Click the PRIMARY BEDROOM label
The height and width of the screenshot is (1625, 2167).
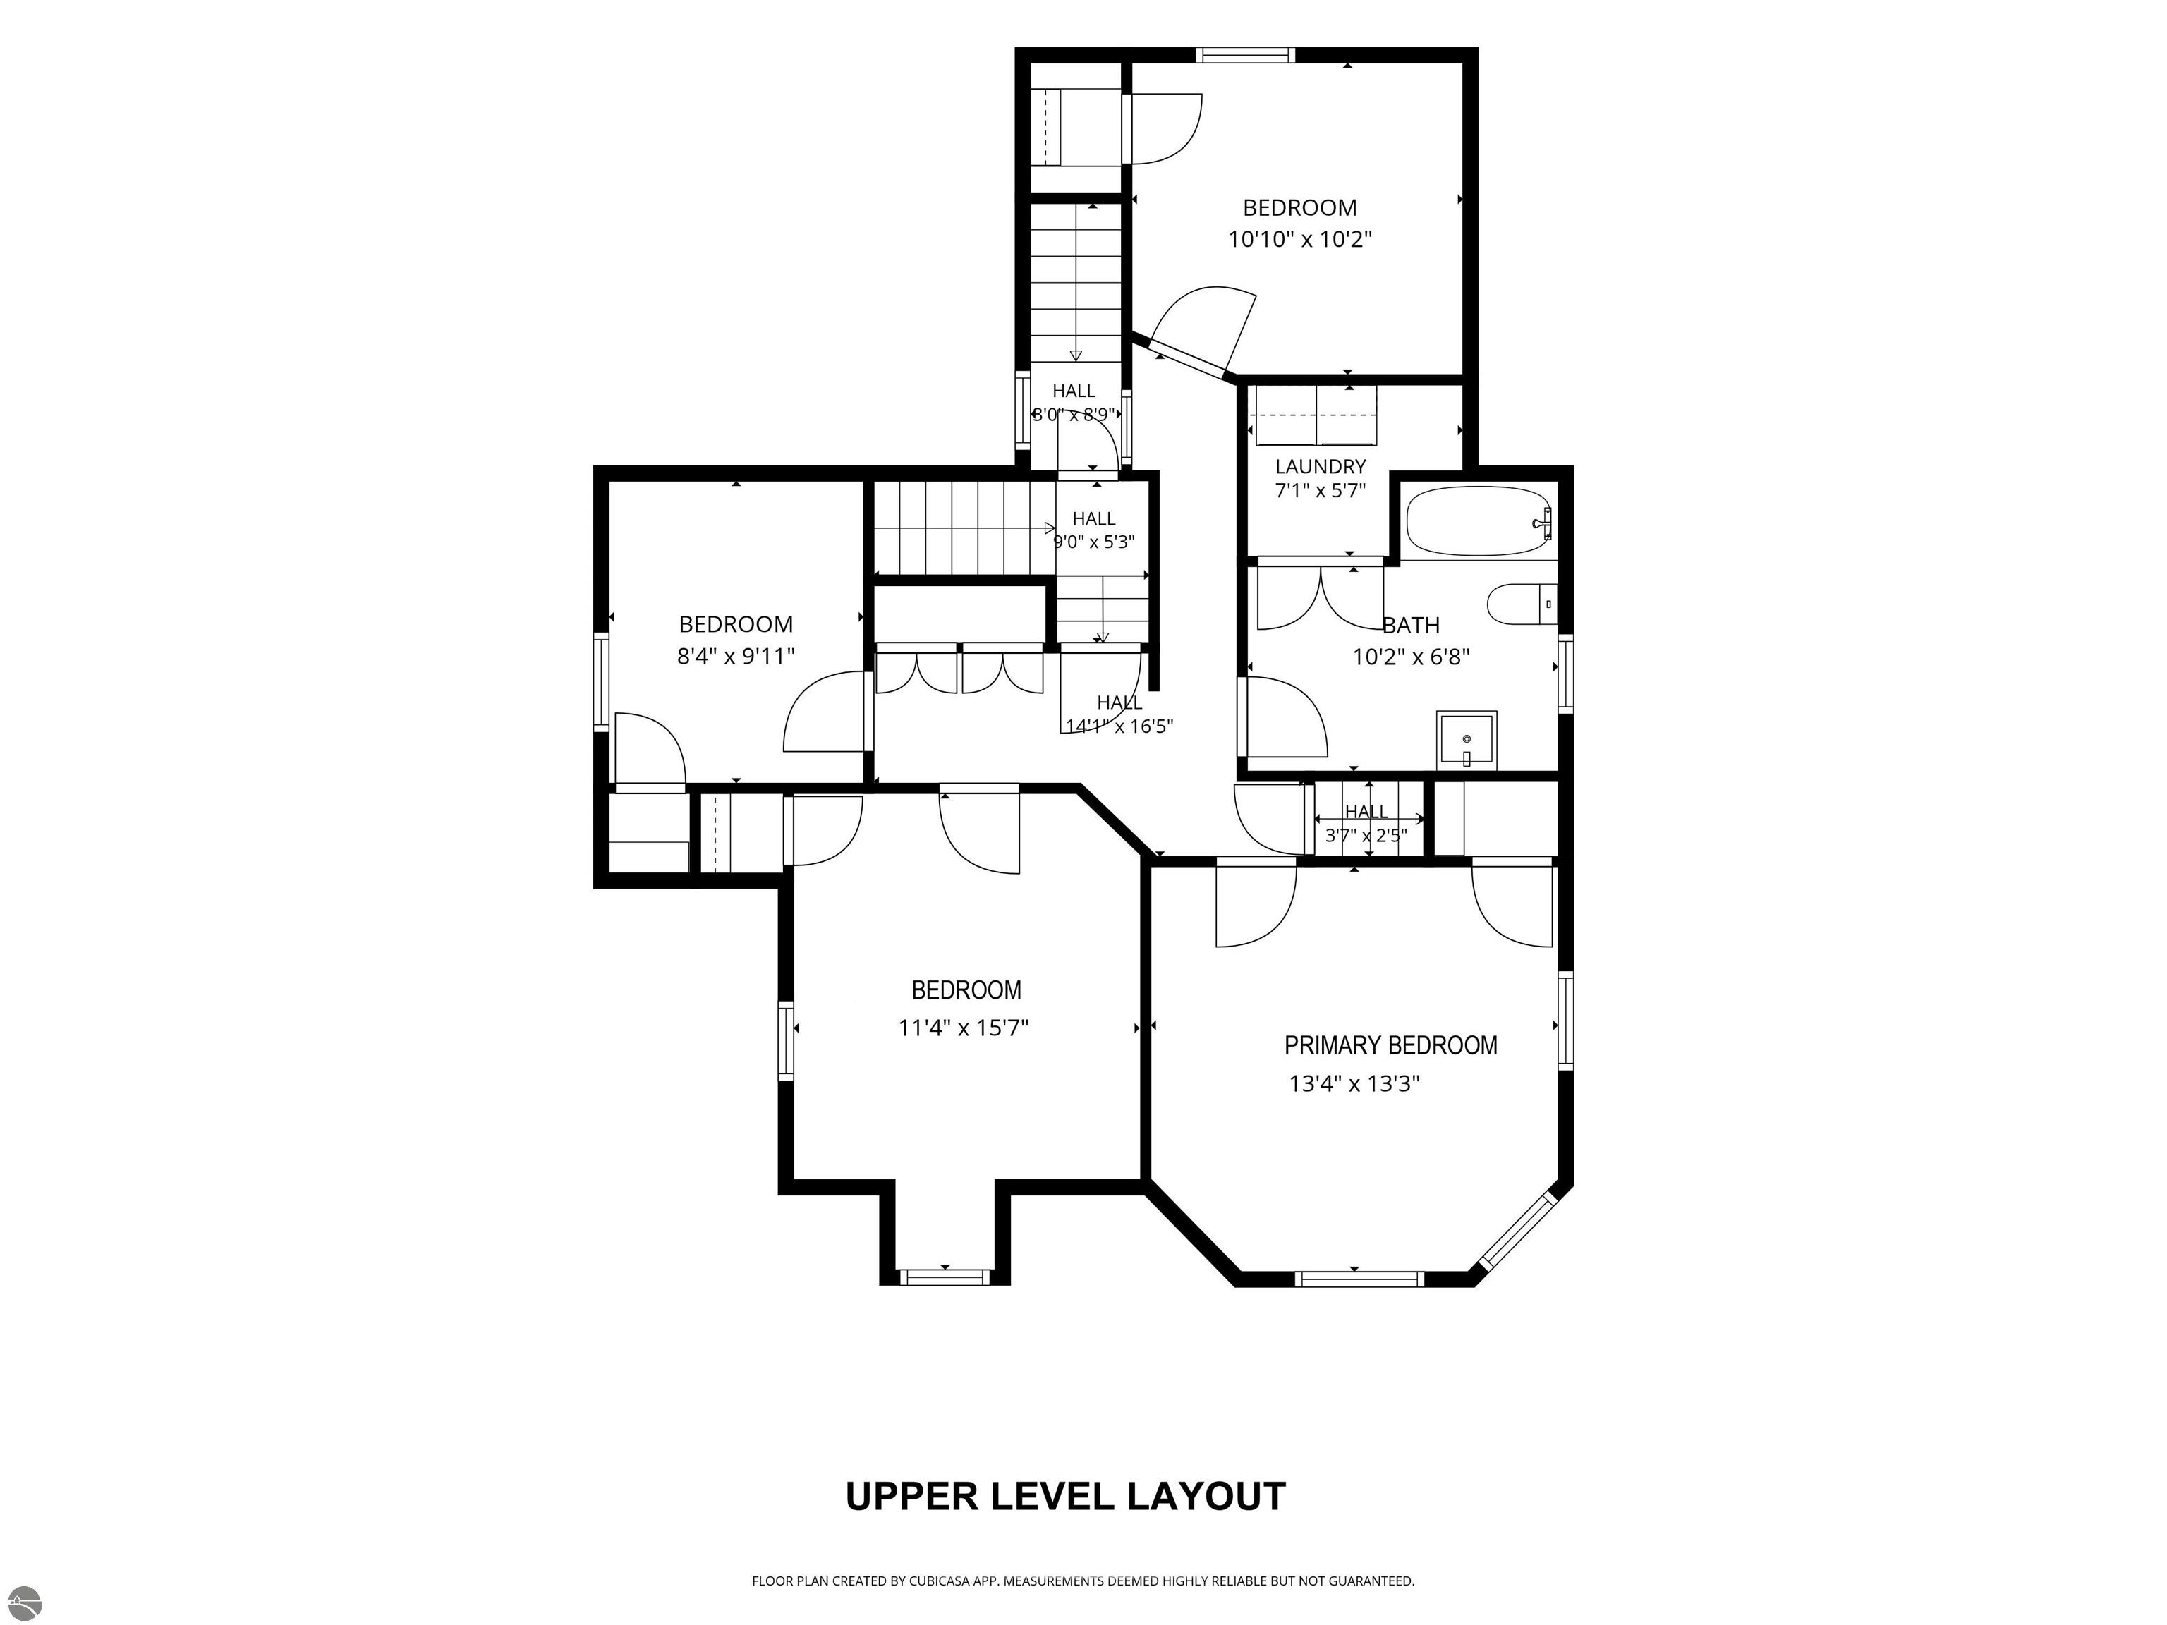(1390, 1046)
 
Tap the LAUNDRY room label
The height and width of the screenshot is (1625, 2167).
(1320, 466)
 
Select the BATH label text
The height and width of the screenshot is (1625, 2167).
(1411, 625)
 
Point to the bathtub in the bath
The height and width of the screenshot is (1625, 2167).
(1479, 521)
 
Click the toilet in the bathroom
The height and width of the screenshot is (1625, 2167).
(1522, 603)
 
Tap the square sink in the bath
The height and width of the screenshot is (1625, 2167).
(1467, 741)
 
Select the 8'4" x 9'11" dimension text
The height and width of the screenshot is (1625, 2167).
(736, 656)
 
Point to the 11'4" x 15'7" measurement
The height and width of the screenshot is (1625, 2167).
(963, 1028)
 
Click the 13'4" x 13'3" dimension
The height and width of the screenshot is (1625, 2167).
(1354, 1083)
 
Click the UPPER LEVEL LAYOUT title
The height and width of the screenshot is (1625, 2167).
(1065, 1496)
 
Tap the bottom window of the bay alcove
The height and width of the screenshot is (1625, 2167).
(945, 1277)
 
